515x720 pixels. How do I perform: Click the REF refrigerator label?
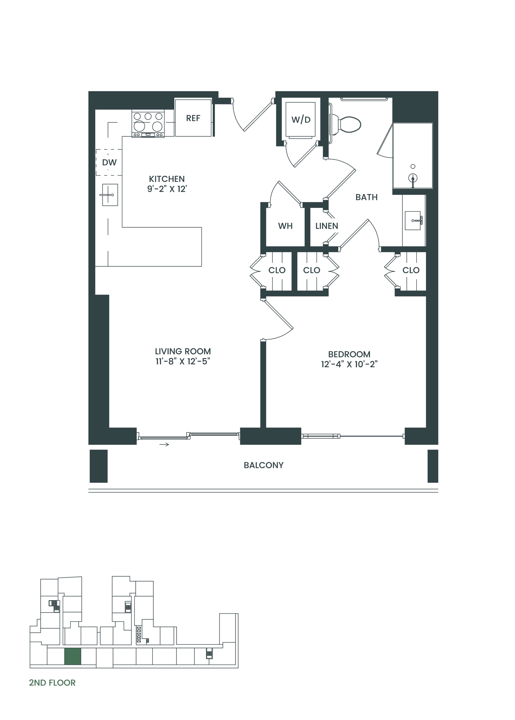193,118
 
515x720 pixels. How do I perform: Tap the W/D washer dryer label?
301,120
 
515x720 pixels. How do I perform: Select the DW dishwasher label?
109,162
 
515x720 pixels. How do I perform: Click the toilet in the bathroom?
345,124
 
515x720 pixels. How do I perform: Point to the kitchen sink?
110,195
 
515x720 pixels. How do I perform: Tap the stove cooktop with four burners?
148,123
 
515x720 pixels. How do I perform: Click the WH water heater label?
286,226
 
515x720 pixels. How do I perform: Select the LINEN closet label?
327,226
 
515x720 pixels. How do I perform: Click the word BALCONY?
264,465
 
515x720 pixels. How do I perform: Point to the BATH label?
367,197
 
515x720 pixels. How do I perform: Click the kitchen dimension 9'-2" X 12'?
167,189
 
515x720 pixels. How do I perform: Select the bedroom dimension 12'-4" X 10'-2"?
349,364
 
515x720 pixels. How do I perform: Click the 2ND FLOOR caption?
52,683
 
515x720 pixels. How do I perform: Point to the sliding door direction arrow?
164,444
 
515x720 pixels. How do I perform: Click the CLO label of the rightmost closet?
411,270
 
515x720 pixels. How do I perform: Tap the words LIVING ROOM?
183,351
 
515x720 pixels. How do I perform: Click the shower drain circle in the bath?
413,167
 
